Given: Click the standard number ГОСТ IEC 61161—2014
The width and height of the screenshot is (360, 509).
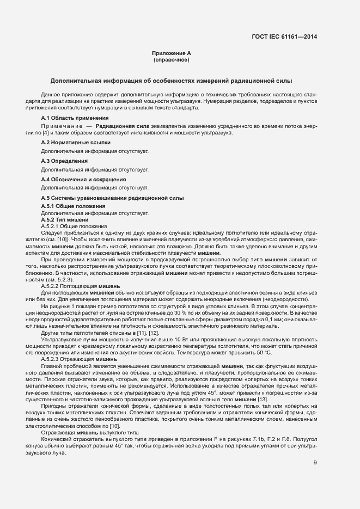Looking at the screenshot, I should (284, 37).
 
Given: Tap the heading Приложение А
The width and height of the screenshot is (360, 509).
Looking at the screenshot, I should (171, 53).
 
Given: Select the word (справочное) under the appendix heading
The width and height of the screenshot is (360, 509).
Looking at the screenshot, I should (171, 60).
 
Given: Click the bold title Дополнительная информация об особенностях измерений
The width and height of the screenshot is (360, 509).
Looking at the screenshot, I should (171, 80).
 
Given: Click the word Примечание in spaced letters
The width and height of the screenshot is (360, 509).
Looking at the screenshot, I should (59, 126).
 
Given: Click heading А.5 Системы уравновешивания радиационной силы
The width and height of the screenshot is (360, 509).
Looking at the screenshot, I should (112, 198).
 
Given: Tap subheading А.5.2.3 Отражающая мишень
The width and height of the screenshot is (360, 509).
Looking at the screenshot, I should (79, 359).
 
